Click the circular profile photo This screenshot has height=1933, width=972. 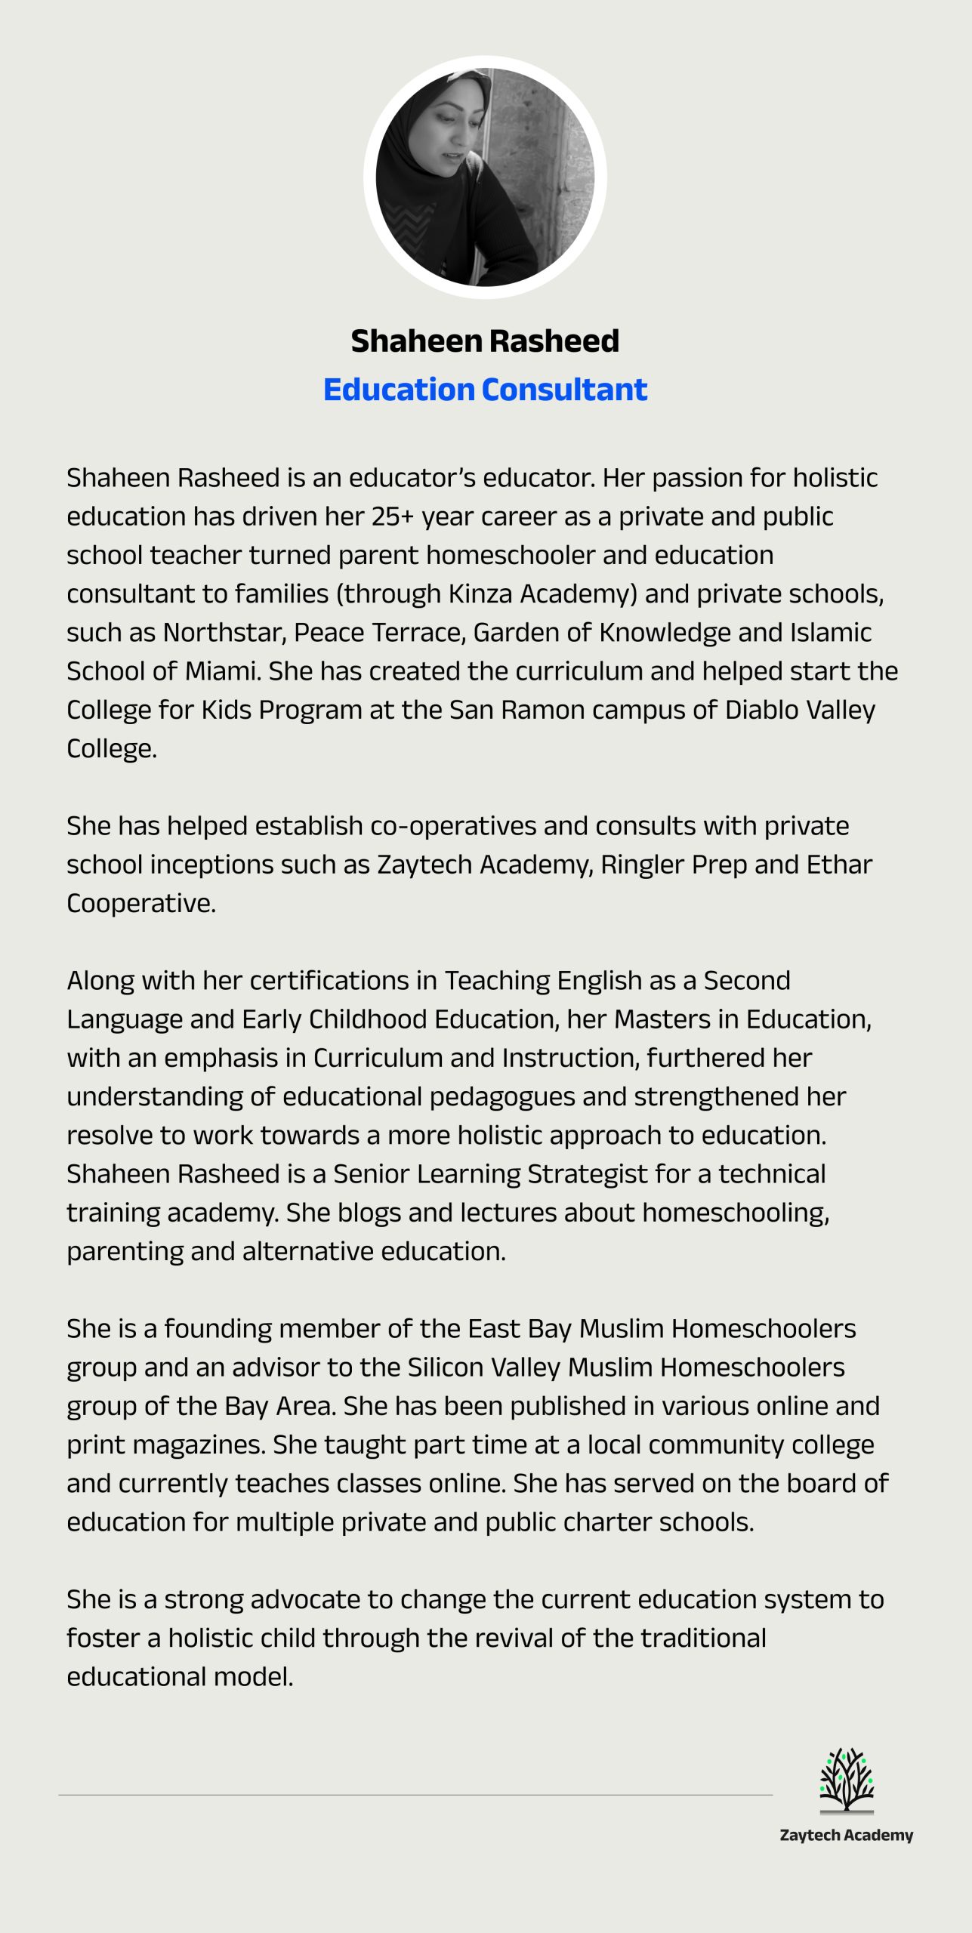tap(485, 178)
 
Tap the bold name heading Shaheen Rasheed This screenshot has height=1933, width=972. tap(485, 341)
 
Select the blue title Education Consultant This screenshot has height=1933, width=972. tap(485, 390)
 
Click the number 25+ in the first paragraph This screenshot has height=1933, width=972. tap(393, 516)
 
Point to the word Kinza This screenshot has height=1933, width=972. tap(480, 594)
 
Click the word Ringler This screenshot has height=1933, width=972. tap(642, 865)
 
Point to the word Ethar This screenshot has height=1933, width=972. tap(839, 865)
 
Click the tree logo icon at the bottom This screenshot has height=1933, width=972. tap(846, 1780)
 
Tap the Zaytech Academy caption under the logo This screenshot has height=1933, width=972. tap(846, 1836)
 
